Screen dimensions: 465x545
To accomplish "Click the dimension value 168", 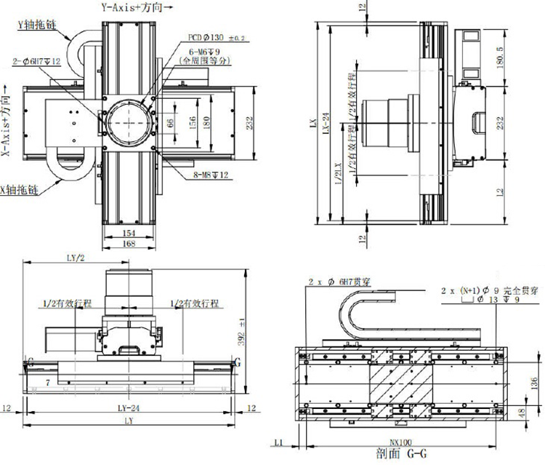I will pyautogui.click(x=128, y=243).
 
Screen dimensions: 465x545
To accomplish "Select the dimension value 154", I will pyautogui.click(x=128, y=231).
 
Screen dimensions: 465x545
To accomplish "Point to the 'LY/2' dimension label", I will pyautogui.click(x=75, y=258).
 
